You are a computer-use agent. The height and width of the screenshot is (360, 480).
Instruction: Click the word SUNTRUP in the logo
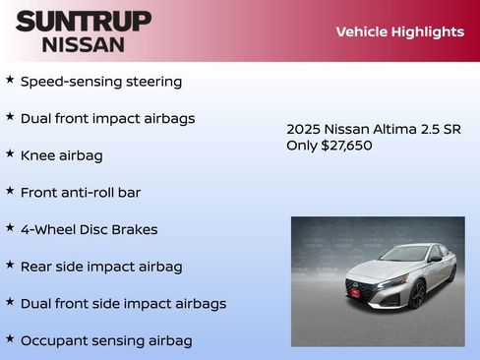pos(84,21)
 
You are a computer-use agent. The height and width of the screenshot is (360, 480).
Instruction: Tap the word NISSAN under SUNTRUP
pos(84,44)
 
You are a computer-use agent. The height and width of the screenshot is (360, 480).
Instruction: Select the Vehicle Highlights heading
pos(399,31)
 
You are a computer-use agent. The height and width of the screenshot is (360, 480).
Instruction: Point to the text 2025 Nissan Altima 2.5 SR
pos(373,129)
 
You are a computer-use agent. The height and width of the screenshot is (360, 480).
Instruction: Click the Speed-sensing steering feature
pos(101,82)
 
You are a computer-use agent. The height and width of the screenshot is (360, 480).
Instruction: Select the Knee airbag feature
pos(61,155)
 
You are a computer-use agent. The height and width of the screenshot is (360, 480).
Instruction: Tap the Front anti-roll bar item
pos(81,193)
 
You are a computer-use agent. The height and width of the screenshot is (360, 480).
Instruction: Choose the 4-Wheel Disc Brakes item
pos(89,229)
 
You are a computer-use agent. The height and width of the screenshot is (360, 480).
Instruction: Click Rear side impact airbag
pos(101,267)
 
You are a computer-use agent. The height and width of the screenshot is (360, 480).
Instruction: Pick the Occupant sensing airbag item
pos(106,340)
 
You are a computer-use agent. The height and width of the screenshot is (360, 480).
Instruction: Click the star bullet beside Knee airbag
pos(10,153)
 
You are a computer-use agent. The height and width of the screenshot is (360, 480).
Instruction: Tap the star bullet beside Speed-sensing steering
pos(10,80)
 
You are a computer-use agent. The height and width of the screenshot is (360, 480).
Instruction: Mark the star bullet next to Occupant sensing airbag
pos(10,338)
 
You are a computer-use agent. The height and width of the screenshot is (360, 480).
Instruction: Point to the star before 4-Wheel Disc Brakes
pos(10,227)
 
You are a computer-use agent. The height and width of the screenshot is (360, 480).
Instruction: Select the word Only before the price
pos(302,146)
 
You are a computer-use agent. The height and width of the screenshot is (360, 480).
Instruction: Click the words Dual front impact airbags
pos(108,119)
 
